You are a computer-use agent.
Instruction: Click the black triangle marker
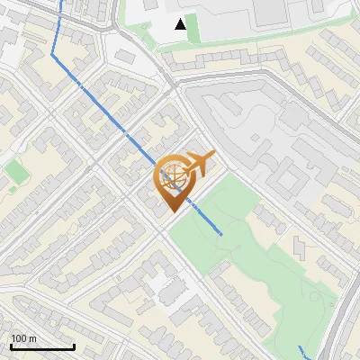(181, 24)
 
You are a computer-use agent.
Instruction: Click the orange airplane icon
(200, 163)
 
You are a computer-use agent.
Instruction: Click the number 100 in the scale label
(19, 338)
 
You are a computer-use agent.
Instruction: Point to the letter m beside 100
(32, 338)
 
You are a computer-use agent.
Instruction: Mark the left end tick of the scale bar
(10, 346)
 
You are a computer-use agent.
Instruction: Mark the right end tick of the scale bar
(74, 346)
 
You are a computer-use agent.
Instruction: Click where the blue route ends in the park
(221, 234)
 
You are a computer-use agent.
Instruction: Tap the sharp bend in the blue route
(52, 56)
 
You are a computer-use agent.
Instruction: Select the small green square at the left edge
(15, 170)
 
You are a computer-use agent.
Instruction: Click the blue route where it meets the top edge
(63, 2)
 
